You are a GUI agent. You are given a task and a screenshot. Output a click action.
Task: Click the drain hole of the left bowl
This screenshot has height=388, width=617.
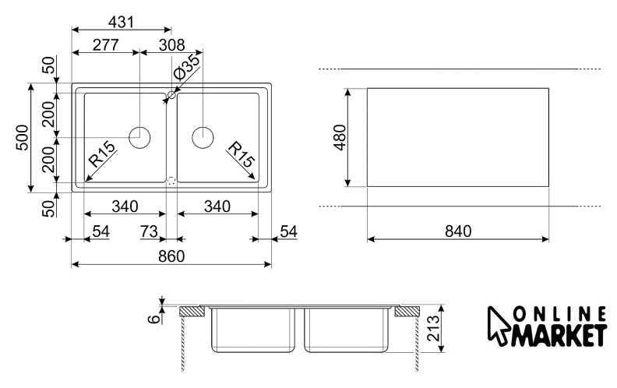click(139, 137)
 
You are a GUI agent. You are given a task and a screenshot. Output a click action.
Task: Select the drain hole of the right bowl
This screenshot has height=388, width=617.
click(203, 137)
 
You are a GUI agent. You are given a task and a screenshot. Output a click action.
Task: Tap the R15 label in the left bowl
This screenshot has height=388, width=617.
click(102, 154)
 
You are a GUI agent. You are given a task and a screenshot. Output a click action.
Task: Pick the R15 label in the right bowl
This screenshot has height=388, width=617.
click(241, 154)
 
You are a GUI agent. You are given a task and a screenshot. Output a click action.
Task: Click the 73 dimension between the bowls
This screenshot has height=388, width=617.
click(149, 231)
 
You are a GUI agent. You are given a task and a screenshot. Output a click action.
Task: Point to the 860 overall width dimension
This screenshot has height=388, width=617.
click(171, 257)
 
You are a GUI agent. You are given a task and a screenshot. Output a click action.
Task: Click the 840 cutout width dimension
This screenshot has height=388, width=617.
click(457, 231)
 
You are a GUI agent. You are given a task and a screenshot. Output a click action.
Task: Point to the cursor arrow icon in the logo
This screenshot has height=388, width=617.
click(499, 326)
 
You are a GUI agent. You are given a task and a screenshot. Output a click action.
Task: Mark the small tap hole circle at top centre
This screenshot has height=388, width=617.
click(171, 95)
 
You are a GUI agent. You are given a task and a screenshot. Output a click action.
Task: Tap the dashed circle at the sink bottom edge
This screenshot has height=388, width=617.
click(171, 179)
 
